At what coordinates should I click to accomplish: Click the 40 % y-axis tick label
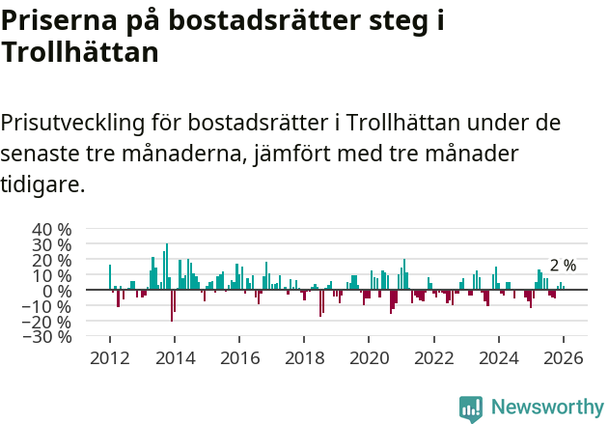click(x=51, y=230)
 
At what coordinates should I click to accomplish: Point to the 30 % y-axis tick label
click(x=51, y=245)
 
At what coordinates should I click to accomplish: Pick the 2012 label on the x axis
click(x=109, y=357)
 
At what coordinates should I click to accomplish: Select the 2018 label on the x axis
click(x=304, y=357)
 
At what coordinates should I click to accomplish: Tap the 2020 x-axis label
click(x=369, y=357)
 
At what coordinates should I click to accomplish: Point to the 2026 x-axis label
click(x=564, y=357)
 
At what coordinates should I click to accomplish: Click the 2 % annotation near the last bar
click(x=563, y=266)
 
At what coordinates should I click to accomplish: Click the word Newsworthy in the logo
click(x=547, y=407)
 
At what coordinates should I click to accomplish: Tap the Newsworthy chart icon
click(x=471, y=408)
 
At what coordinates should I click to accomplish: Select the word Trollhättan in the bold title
click(x=80, y=54)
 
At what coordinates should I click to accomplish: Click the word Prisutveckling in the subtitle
click(x=72, y=124)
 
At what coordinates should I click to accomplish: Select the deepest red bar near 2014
click(x=172, y=305)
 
